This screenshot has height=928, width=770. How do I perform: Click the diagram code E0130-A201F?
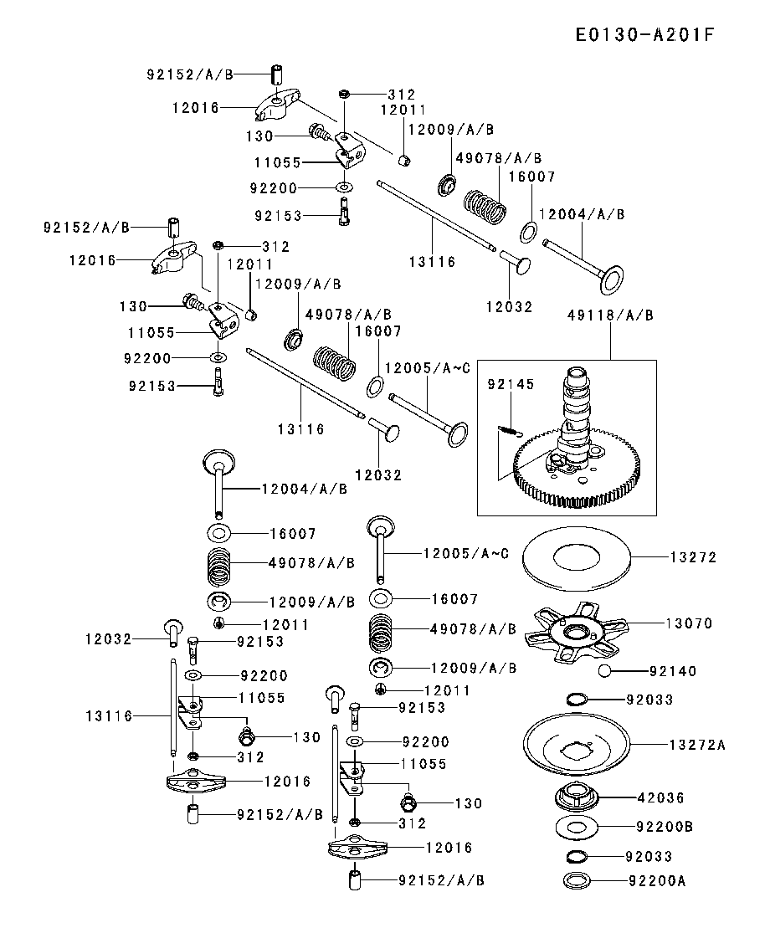tap(645, 35)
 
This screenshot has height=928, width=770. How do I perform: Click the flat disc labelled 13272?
tap(575, 557)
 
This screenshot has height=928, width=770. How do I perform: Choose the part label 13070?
tap(689, 623)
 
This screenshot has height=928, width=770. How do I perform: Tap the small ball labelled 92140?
tap(605, 670)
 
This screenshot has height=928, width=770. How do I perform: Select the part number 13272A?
tap(696, 744)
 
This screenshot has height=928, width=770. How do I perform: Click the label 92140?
tap(672, 671)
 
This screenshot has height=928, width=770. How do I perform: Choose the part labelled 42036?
tap(576, 796)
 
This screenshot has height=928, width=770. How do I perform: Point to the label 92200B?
tap(665, 828)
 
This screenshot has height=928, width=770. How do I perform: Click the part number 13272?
tap(693, 557)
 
